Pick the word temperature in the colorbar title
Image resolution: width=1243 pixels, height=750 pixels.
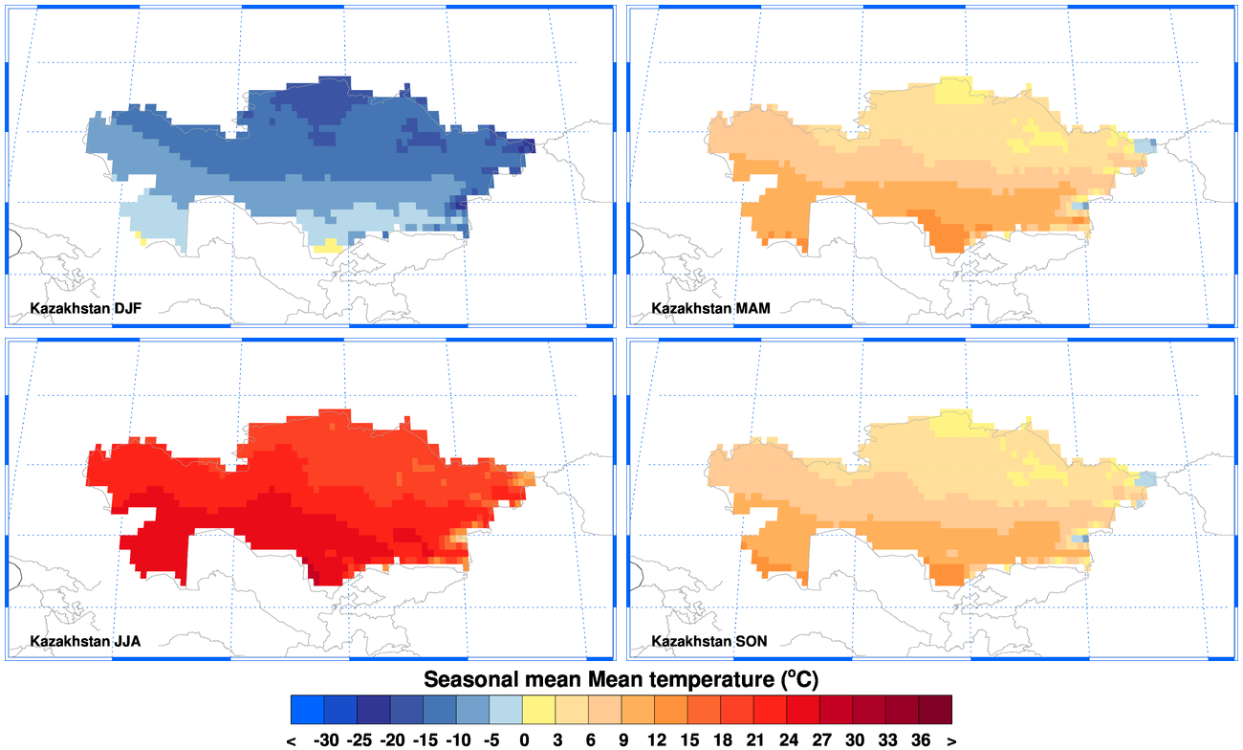click(x=696, y=680)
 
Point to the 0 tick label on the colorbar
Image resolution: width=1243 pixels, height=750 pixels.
click(x=523, y=740)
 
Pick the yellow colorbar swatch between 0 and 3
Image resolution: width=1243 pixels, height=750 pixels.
click(x=539, y=710)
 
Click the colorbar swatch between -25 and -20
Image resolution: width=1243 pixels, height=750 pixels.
click(x=374, y=710)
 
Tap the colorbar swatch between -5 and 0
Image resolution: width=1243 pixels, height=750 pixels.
click(x=506, y=710)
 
